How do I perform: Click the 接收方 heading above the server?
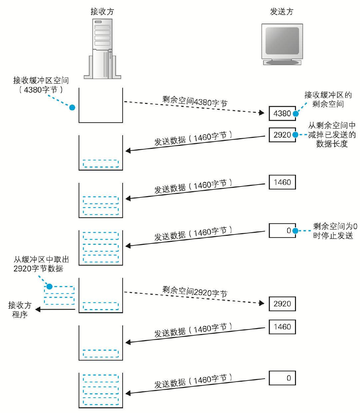click(x=102, y=12)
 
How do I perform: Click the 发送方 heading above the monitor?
click(x=282, y=12)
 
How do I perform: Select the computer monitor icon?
click(x=282, y=44)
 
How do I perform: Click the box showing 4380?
click(x=282, y=114)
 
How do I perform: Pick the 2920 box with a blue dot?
click(x=282, y=135)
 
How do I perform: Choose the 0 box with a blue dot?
click(x=282, y=230)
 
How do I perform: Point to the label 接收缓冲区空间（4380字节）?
click(x=41, y=85)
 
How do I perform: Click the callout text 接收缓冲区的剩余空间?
click(x=328, y=99)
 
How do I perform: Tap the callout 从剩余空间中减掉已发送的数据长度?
click(x=332, y=135)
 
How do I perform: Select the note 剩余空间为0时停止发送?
click(x=334, y=231)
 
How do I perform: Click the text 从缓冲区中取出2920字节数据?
click(x=41, y=264)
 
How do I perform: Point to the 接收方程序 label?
click(x=20, y=310)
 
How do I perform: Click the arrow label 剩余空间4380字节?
click(x=195, y=101)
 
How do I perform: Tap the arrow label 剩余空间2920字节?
click(x=195, y=292)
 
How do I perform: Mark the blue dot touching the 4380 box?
click(x=296, y=114)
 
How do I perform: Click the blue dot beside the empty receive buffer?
click(x=72, y=107)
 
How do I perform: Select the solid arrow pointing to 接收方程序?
click(x=55, y=309)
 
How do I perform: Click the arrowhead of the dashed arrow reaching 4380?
click(x=262, y=113)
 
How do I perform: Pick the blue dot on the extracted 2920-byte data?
click(x=49, y=286)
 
